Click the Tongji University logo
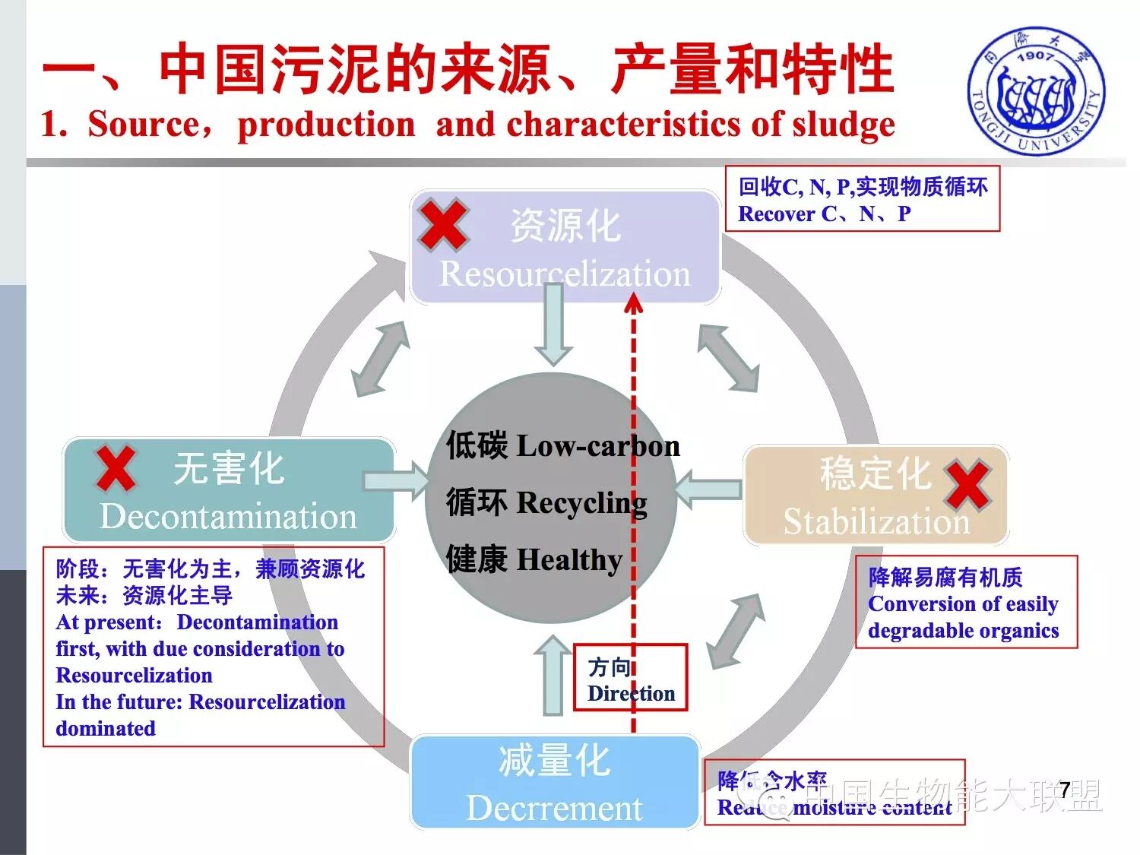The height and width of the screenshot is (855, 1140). pyautogui.click(x=1036, y=92)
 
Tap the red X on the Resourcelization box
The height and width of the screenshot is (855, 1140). pyautogui.click(x=443, y=225)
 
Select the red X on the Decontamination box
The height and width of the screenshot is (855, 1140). pyautogui.click(x=116, y=468)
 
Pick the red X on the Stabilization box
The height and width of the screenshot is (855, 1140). pyautogui.click(x=967, y=485)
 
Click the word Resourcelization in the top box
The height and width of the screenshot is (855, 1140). pyautogui.click(x=565, y=274)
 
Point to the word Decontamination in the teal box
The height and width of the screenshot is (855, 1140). pyautogui.click(x=228, y=517)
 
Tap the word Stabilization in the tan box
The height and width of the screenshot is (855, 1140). pyautogui.click(x=876, y=522)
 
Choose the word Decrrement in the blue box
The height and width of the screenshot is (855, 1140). pyautogui.click(x=554, y=808)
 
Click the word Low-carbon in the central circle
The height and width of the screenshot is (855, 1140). pyautogui.click(x=598, y=446)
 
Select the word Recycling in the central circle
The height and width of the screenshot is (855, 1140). pyautogui.click(x=581, y=502)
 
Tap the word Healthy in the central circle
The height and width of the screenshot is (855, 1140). pyautogui.click(x=569, y=560)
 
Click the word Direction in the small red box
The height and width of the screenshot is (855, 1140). pyautogui.click(x=631, y=693)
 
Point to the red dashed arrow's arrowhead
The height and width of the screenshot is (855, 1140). pyautogui.click(x=633, y=305)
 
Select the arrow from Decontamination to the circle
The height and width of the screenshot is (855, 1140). pyautogui.click(x=396, y=480)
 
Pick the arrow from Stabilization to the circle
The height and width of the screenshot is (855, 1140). pyautogui.click(x=707, y=488)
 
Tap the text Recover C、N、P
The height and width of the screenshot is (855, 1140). pyautogui.click(x=824, y=214)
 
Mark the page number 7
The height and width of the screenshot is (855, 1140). pyautogui.click(x=1065, y=790)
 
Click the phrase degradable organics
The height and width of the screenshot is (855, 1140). pyautogui.click(x=963, y=631)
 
